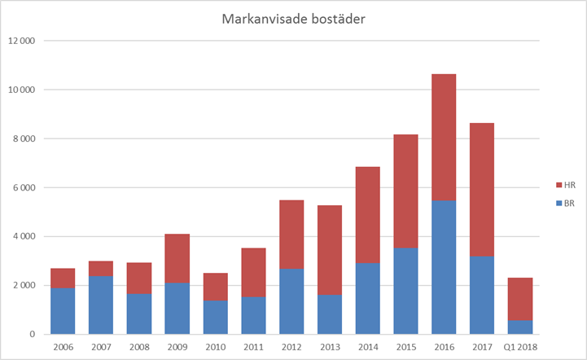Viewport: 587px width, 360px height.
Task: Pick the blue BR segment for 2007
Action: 101,305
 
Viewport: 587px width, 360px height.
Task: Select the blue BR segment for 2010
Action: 215,318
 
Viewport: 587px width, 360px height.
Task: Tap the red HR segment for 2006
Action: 63,278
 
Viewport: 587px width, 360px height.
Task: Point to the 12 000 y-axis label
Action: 22,41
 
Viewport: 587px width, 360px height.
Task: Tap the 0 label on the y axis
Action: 33,335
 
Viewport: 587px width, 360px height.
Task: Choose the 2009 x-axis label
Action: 177,347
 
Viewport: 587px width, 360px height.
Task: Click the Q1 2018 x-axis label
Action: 520,347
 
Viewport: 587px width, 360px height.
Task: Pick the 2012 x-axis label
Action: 291,347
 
